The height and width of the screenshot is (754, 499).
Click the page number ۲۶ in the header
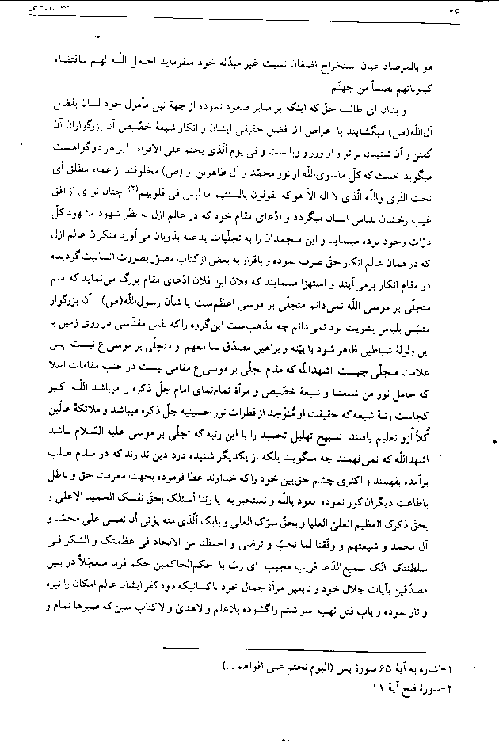474,13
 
